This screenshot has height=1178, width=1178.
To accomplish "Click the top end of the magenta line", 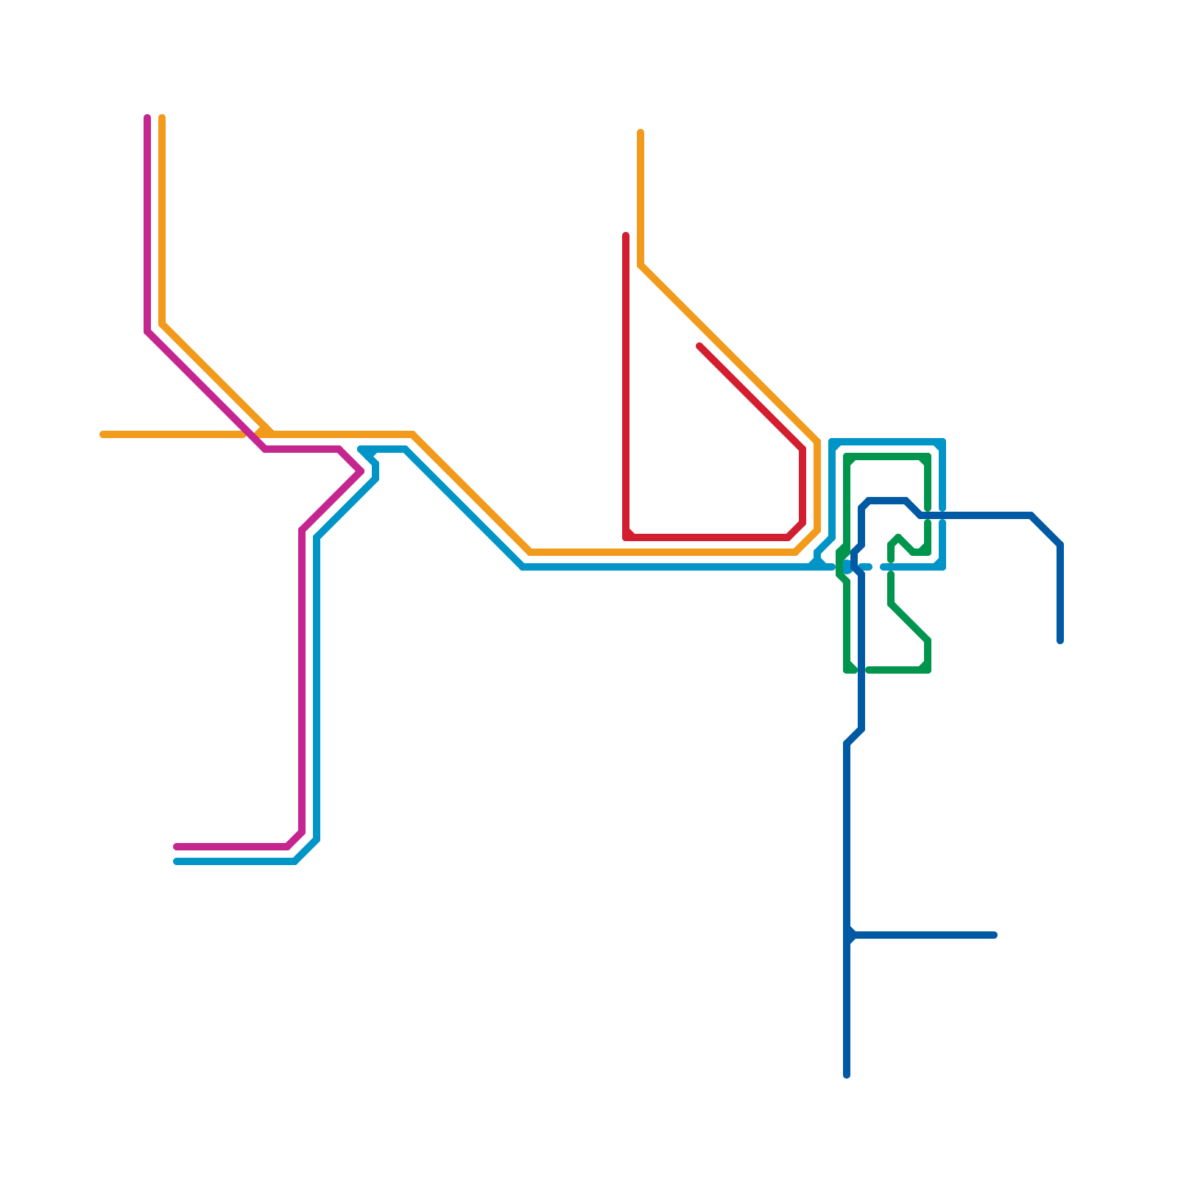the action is [x=147, y=118].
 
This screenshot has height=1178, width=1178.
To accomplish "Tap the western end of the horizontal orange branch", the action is [x=103, y=434].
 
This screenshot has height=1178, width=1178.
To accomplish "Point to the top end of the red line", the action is [x=626, y=236].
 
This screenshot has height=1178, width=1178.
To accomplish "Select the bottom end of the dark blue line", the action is [x=847, y=1075].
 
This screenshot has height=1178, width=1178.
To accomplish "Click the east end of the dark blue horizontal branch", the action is [x=994, y=935].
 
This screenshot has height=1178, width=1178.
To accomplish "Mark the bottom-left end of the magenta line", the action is [x=177, y=847].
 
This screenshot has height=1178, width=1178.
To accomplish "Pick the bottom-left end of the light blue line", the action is [x=177, y=861].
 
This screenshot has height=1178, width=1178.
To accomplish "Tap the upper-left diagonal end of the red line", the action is [x=699, y=346].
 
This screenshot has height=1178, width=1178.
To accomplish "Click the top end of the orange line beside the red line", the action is [x=641, y=133].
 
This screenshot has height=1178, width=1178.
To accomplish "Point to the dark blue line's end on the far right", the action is [x=1060, y=641].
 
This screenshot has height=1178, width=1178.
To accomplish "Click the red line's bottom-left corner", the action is [x=627, y=537].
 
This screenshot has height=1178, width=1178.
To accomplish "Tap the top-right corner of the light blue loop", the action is [x=942, y=442].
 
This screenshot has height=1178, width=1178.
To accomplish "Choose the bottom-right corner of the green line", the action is [x=928, y=669].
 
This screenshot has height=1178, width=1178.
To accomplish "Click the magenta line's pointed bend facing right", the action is [x=361, y=471].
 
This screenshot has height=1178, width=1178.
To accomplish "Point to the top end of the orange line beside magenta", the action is [x=162, y=118].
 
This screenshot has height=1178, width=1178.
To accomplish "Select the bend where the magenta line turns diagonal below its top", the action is [x=147, y=331].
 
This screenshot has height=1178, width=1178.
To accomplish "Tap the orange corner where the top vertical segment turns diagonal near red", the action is [x=641, y=265].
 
